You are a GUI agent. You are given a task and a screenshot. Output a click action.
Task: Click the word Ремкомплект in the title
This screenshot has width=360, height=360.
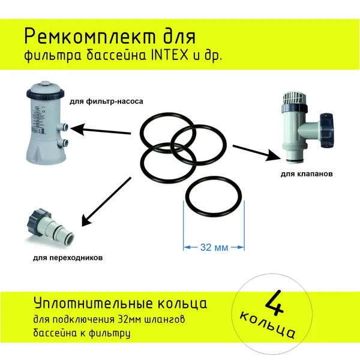coord(90,37)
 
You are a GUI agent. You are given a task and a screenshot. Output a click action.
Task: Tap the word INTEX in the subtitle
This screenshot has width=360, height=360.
coord(170,56)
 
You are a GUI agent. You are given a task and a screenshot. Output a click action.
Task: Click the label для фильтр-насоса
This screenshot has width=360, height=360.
coord(106,101)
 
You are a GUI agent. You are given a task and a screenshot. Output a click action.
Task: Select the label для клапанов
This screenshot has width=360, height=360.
coord(307,174)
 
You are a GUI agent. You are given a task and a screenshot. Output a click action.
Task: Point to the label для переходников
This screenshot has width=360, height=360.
coord(68,258)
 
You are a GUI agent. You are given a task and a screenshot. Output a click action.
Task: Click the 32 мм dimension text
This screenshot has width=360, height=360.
coord(214,247)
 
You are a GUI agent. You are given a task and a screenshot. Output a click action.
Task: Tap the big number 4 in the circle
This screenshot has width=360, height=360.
coord(275,304)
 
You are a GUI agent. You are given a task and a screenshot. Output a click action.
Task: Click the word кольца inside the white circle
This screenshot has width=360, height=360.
coord(268,325)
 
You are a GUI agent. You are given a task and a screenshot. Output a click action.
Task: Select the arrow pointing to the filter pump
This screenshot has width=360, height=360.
coord(101,130)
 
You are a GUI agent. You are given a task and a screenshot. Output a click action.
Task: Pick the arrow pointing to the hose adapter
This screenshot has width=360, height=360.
coord(106,202)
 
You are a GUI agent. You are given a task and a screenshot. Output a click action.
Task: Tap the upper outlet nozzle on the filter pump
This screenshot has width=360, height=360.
coord(64,127)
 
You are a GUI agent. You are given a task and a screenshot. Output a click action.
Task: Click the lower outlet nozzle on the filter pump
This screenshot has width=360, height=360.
coord(64,143)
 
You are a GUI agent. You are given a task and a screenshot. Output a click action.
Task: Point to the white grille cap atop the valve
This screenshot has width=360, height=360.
coord(295,98)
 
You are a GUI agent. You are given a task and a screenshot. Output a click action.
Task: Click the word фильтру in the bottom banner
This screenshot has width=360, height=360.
coord(110,334)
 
